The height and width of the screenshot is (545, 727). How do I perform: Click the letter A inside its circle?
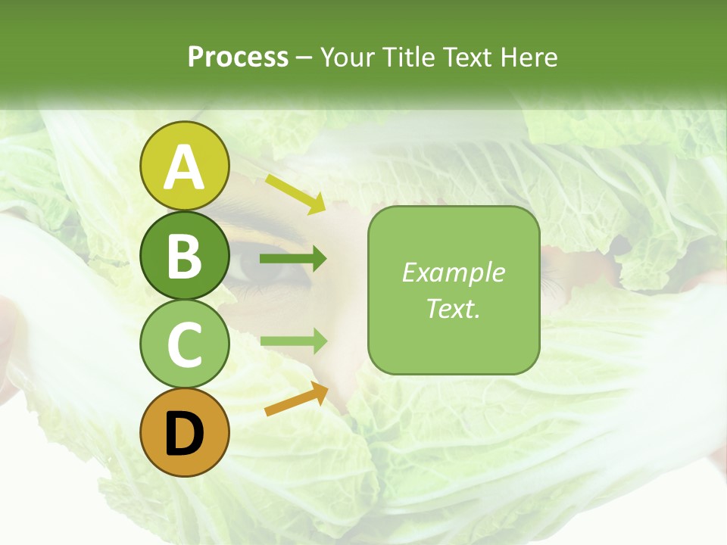click(x=184, y=168)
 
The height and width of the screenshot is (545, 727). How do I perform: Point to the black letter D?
click(x=184, y=434)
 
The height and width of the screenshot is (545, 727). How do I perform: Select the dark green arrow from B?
click(x=293, y=259)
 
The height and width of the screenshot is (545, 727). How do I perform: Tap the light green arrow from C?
click(x=293, y=341)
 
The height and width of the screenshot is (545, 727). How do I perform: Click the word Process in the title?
click(x=238, y=58)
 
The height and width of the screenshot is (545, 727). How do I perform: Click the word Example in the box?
click(x=453, y=272)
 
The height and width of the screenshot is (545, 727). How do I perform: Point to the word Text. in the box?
click(x=453, y=309)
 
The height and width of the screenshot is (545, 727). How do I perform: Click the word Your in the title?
click(x=348, y=58)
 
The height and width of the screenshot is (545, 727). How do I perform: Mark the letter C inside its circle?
click(x=184, y=344)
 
